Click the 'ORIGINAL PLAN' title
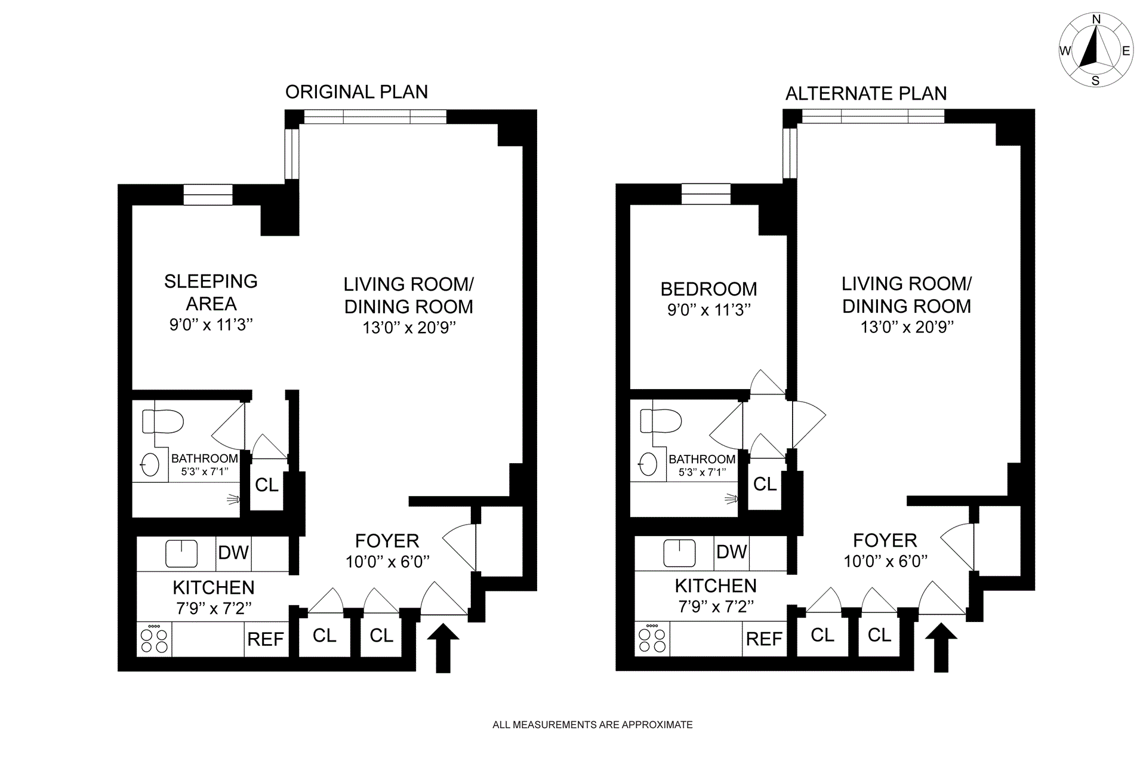[356, 92]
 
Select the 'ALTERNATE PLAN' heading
[866, 94]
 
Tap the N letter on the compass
[1096, 20]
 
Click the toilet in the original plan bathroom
[162, 421]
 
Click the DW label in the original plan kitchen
[233, 553]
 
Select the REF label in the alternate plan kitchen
[764, 639]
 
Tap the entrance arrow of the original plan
[443, 648]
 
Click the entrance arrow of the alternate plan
[941, 647]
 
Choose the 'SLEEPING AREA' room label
[211, 292]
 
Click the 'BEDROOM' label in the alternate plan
[708, 289]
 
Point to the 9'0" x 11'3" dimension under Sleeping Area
[211, 325]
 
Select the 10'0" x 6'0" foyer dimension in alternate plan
[885, 561]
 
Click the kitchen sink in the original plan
[181, 554]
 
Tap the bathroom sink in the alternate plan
[648, 464]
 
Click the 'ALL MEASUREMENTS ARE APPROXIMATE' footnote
[593, 725]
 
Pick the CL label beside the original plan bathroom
[267, 485]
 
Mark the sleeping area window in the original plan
[207, 195]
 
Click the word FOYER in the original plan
[387, 541]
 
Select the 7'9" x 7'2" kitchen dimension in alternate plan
[716, 606]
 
